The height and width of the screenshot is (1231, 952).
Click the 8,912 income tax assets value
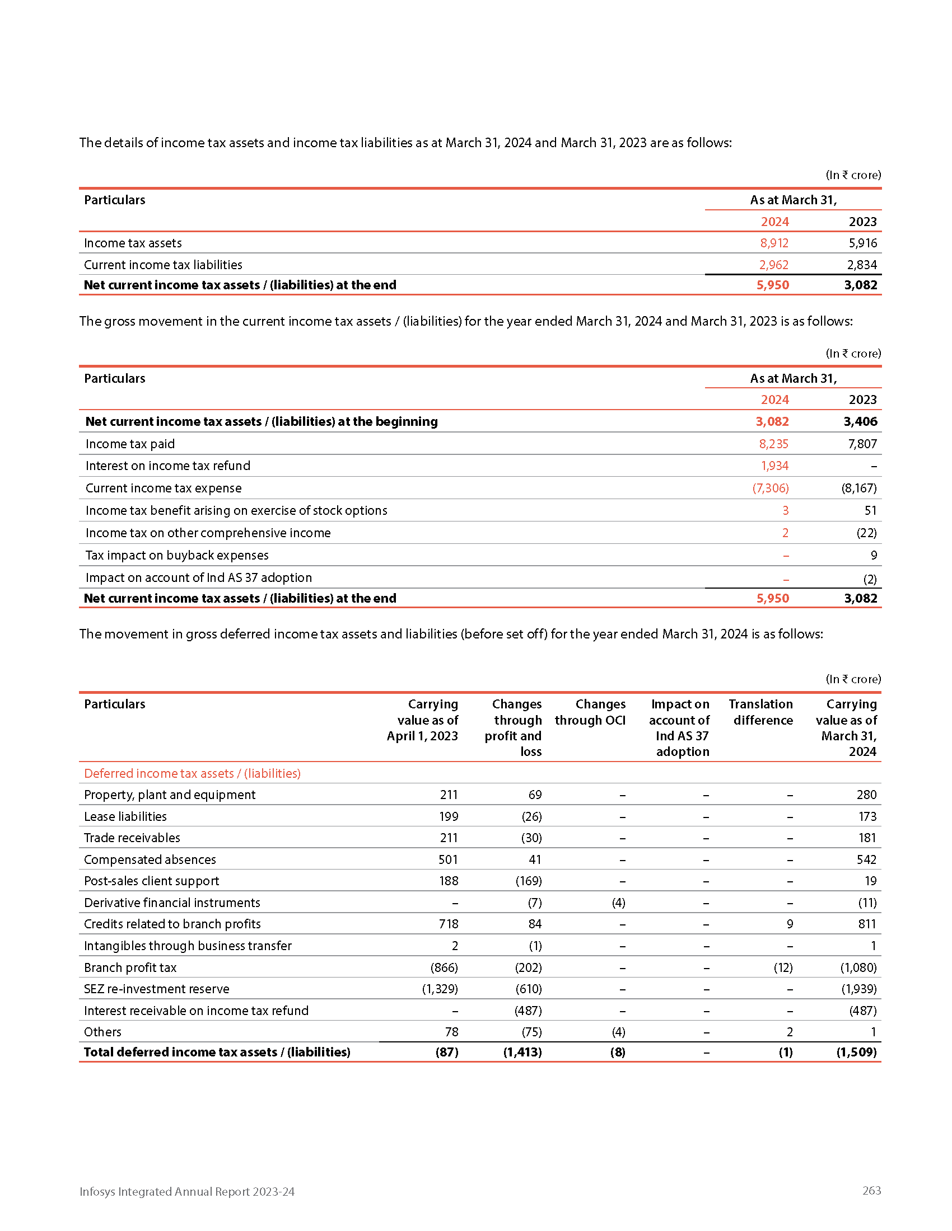(774, 243)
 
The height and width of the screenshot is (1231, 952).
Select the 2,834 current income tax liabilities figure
(862, 265)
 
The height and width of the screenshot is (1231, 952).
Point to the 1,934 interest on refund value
(774, 466)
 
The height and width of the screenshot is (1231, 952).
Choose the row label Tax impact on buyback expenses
(177, 555)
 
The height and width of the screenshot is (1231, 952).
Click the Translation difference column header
(761, 712)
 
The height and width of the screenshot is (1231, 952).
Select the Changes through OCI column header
(590, 712)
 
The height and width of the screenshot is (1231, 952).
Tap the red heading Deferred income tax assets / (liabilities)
(192, 773)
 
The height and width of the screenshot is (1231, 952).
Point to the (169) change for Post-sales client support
(529, 881)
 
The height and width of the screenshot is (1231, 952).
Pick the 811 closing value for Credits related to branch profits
(867, 924)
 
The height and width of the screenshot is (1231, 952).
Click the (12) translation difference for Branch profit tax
(783, 968)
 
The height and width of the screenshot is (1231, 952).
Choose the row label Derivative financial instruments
(172, 903)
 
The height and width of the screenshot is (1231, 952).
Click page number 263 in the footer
(871, 1190)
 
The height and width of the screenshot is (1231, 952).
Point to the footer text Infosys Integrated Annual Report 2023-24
(186, 1191)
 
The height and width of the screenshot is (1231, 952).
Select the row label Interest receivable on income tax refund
(196, 1011)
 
